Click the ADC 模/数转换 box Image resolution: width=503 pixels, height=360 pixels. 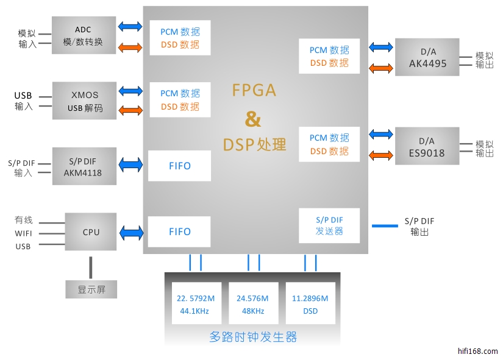coord(83,36)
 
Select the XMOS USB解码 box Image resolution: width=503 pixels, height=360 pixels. coord(84,101)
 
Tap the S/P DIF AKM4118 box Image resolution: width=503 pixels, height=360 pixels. coord(84,166)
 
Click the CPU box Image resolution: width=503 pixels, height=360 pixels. coord(91,232)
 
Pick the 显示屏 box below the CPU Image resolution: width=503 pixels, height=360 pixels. coord(91,289)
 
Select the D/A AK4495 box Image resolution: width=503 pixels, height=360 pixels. coord(427,57)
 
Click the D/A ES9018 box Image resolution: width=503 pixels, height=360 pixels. coord(427,146)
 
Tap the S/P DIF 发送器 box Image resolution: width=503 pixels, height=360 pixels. coord(329,225)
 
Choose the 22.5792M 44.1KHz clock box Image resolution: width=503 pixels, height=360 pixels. coord(196,305)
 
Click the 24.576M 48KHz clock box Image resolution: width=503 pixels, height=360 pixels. coord(253,305)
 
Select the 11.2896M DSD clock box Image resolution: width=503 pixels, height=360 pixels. coord(310,305)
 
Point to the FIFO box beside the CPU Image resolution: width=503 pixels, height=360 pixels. coord(179,231)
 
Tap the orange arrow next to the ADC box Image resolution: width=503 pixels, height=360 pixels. coord(129,48)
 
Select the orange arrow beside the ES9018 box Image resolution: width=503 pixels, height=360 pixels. coord(381,155)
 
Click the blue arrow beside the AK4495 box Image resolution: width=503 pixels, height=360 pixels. coord(381,46)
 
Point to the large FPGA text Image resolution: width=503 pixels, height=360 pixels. coord(254,91)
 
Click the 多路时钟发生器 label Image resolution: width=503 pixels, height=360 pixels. coord(253,337)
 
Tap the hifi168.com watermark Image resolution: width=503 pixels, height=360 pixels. coord(477,351)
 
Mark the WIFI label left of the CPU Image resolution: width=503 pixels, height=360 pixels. coord(23,233)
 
